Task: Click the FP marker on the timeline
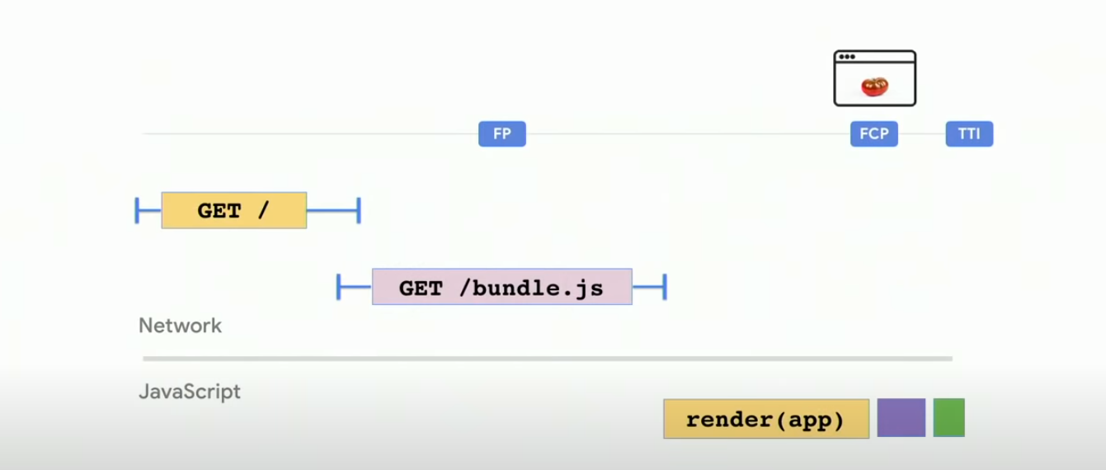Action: pos(501,134)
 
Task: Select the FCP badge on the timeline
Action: pos(873,134)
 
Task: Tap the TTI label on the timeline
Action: pos(969,134)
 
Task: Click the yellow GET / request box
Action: pos(233,210)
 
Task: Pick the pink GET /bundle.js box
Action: pos(501,287)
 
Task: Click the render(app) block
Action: pos(765,419)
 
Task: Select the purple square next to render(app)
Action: pos(901,418)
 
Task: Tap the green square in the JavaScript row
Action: pos(948,418)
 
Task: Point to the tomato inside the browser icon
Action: pos(873,86)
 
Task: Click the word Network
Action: pos(180,326)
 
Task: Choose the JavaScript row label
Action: pos(190,392)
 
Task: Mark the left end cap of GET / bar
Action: pos(137,210)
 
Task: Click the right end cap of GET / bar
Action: pos(359,210)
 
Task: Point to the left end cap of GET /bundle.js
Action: pos(339,287)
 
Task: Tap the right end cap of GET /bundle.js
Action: pos(664,287)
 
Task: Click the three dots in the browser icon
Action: pos(846,57)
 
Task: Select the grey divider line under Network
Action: pos(547,359)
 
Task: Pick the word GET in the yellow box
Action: pos(219,211)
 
